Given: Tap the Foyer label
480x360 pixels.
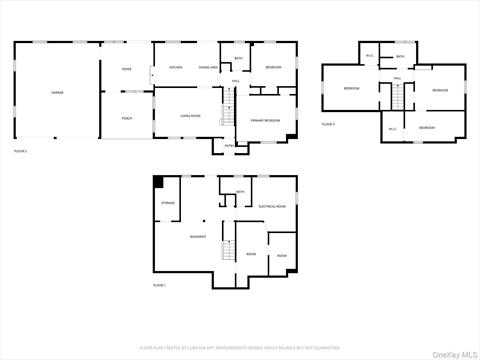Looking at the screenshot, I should [127, 69].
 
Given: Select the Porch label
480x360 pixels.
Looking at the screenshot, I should [127, 117].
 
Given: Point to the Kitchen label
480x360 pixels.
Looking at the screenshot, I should [175, 67].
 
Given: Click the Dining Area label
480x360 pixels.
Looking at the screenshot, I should [208, 67].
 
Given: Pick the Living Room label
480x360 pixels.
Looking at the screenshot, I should [190, 116].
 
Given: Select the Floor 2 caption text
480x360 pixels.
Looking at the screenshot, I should [20, 151].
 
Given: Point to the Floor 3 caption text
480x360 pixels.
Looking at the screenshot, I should [328, 124].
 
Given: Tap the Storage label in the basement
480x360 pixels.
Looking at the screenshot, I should [168, 203].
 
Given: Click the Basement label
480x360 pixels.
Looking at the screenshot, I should [199, 236].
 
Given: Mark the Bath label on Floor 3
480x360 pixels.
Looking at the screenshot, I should [399, 57].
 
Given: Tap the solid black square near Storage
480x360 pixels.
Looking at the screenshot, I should [158, 181].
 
